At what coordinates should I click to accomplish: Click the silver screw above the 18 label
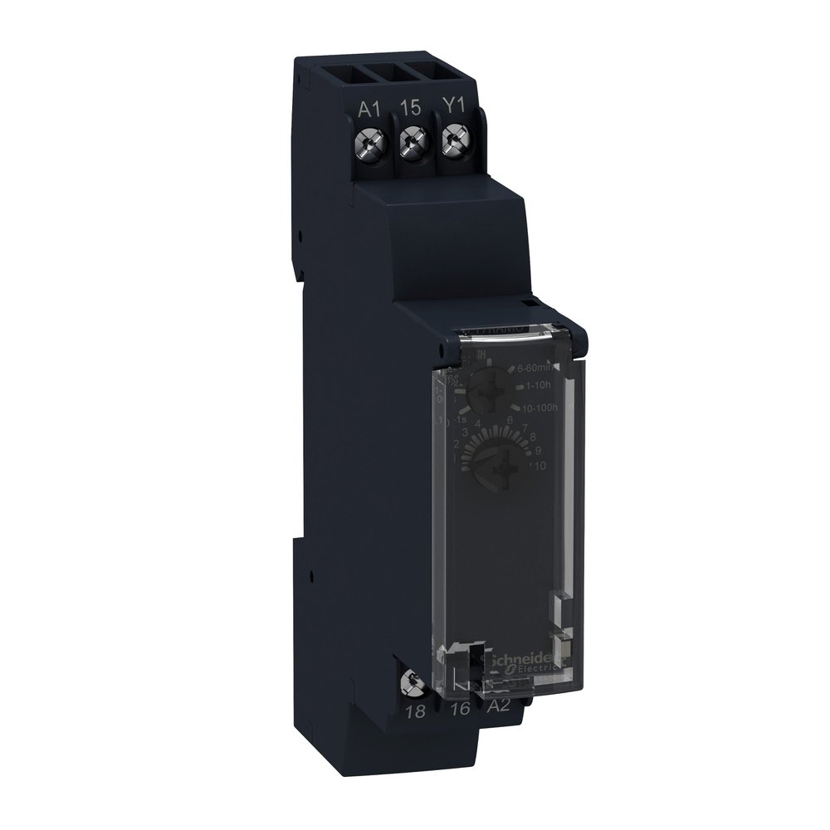point(407,685)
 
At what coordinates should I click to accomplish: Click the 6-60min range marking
point(538,368)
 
